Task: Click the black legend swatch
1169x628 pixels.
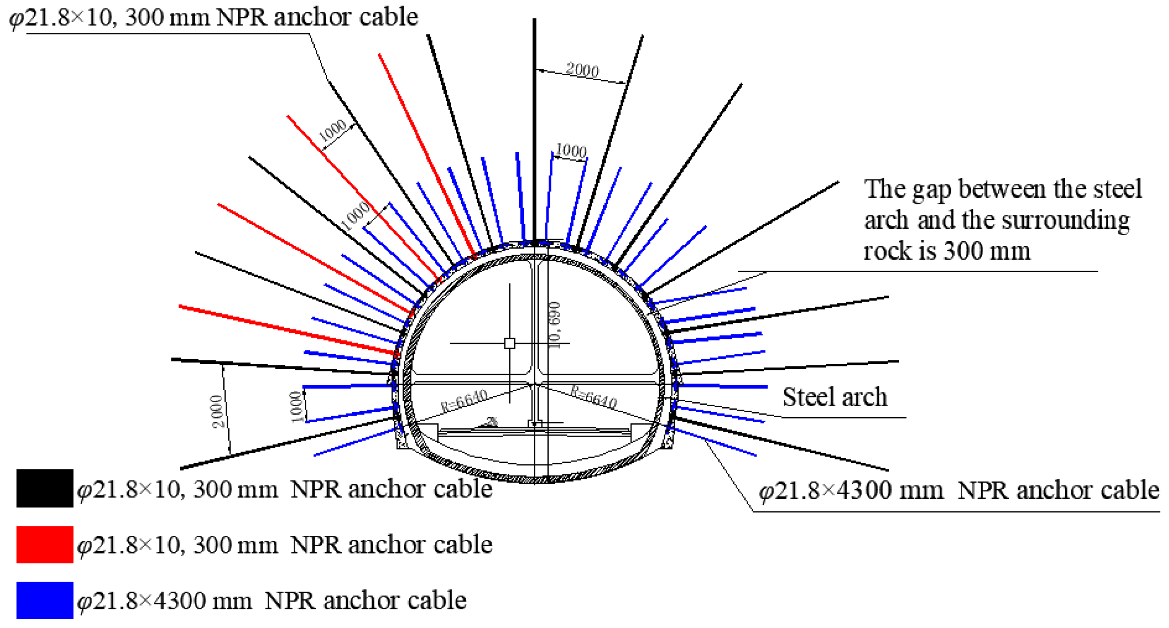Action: (45, 488)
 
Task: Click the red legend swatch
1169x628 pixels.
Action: (45, 544)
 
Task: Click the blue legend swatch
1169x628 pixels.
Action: (45, 600)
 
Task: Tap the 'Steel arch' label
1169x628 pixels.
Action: (835, 397)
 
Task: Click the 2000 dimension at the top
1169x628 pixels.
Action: (582, 70)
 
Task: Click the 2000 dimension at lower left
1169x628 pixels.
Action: (218, 411)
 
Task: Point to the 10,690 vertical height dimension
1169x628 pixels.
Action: (554, 325)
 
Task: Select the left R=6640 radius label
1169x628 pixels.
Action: (464, 400)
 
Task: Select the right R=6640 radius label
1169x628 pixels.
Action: (593, 397)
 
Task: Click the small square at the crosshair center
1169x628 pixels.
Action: (510, 343)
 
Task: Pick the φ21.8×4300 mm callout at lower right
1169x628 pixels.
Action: (958, 490)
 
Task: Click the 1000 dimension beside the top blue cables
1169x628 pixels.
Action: (571, 150)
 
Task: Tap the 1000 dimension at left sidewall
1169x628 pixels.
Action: (296, 406)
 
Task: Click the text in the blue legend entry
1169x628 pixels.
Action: (272, 600)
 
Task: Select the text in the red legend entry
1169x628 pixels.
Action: (285, 544)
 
